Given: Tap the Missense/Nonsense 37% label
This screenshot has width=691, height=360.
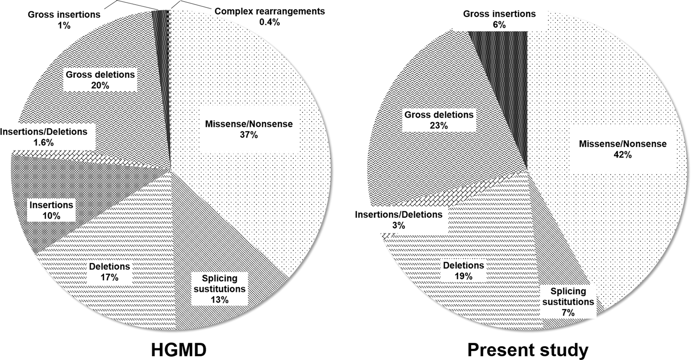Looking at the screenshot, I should coord(249,129).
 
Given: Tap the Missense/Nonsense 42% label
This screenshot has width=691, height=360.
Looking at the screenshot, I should coord(623,149).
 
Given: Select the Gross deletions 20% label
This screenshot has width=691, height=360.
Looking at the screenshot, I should coord(100,80).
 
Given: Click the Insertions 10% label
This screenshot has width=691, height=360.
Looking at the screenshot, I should coord(51,210).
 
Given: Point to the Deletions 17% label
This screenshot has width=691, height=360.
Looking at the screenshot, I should coord(109,271).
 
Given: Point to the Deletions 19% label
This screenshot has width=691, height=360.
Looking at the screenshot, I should coord(464,271).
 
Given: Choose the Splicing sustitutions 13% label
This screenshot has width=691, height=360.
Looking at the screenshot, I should coord(219,289).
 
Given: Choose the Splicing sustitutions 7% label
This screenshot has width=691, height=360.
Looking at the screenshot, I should coord(568,302).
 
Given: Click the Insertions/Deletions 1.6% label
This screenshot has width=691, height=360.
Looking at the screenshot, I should coord(44,137).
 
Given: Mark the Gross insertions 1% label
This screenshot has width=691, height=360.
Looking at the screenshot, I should coord(64,19).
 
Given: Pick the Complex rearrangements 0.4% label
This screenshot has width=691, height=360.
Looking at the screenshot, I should coord(269,16).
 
